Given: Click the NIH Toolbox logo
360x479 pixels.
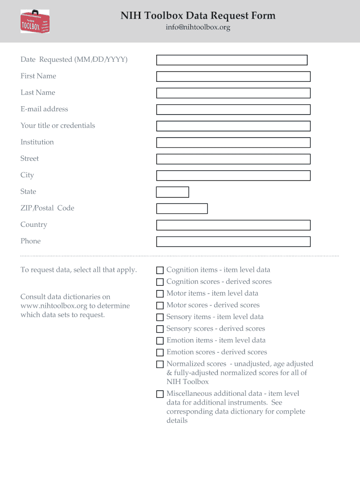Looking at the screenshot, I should [x=35, y=22].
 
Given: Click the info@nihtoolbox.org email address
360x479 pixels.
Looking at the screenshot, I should [x=198, y=28].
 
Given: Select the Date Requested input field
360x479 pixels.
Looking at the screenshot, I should [x=231, y=60].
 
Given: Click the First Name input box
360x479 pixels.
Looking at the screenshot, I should [x=233, y=77].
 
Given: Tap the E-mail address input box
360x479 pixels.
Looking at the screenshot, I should [x=233, y=109].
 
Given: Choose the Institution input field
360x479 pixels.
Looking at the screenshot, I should [x=233, y=143].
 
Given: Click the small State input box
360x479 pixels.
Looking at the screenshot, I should [x=172, y=192].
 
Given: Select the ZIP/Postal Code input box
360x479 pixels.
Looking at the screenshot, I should [x=181, y=209].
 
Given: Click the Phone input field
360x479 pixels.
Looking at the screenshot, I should [x=233, y=241].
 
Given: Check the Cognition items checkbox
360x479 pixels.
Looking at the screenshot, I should [x=160, y=270].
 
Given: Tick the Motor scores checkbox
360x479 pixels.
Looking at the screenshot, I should [x=160, y=305].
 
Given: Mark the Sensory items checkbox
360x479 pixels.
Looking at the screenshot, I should [x=160, y=317].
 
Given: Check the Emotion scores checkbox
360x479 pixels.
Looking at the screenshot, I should [x=160, y=352].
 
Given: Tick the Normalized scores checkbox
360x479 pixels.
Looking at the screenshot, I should [x=160, y=364].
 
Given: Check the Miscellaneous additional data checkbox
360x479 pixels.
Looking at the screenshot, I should [x=160, y=394].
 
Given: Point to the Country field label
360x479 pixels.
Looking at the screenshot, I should [x=34, y=225].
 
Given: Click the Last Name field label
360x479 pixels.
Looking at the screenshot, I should [x=37, y=93].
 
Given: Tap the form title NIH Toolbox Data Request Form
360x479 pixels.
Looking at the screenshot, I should [x=198, y=16].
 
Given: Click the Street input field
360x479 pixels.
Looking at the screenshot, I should [x=233, y=159].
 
